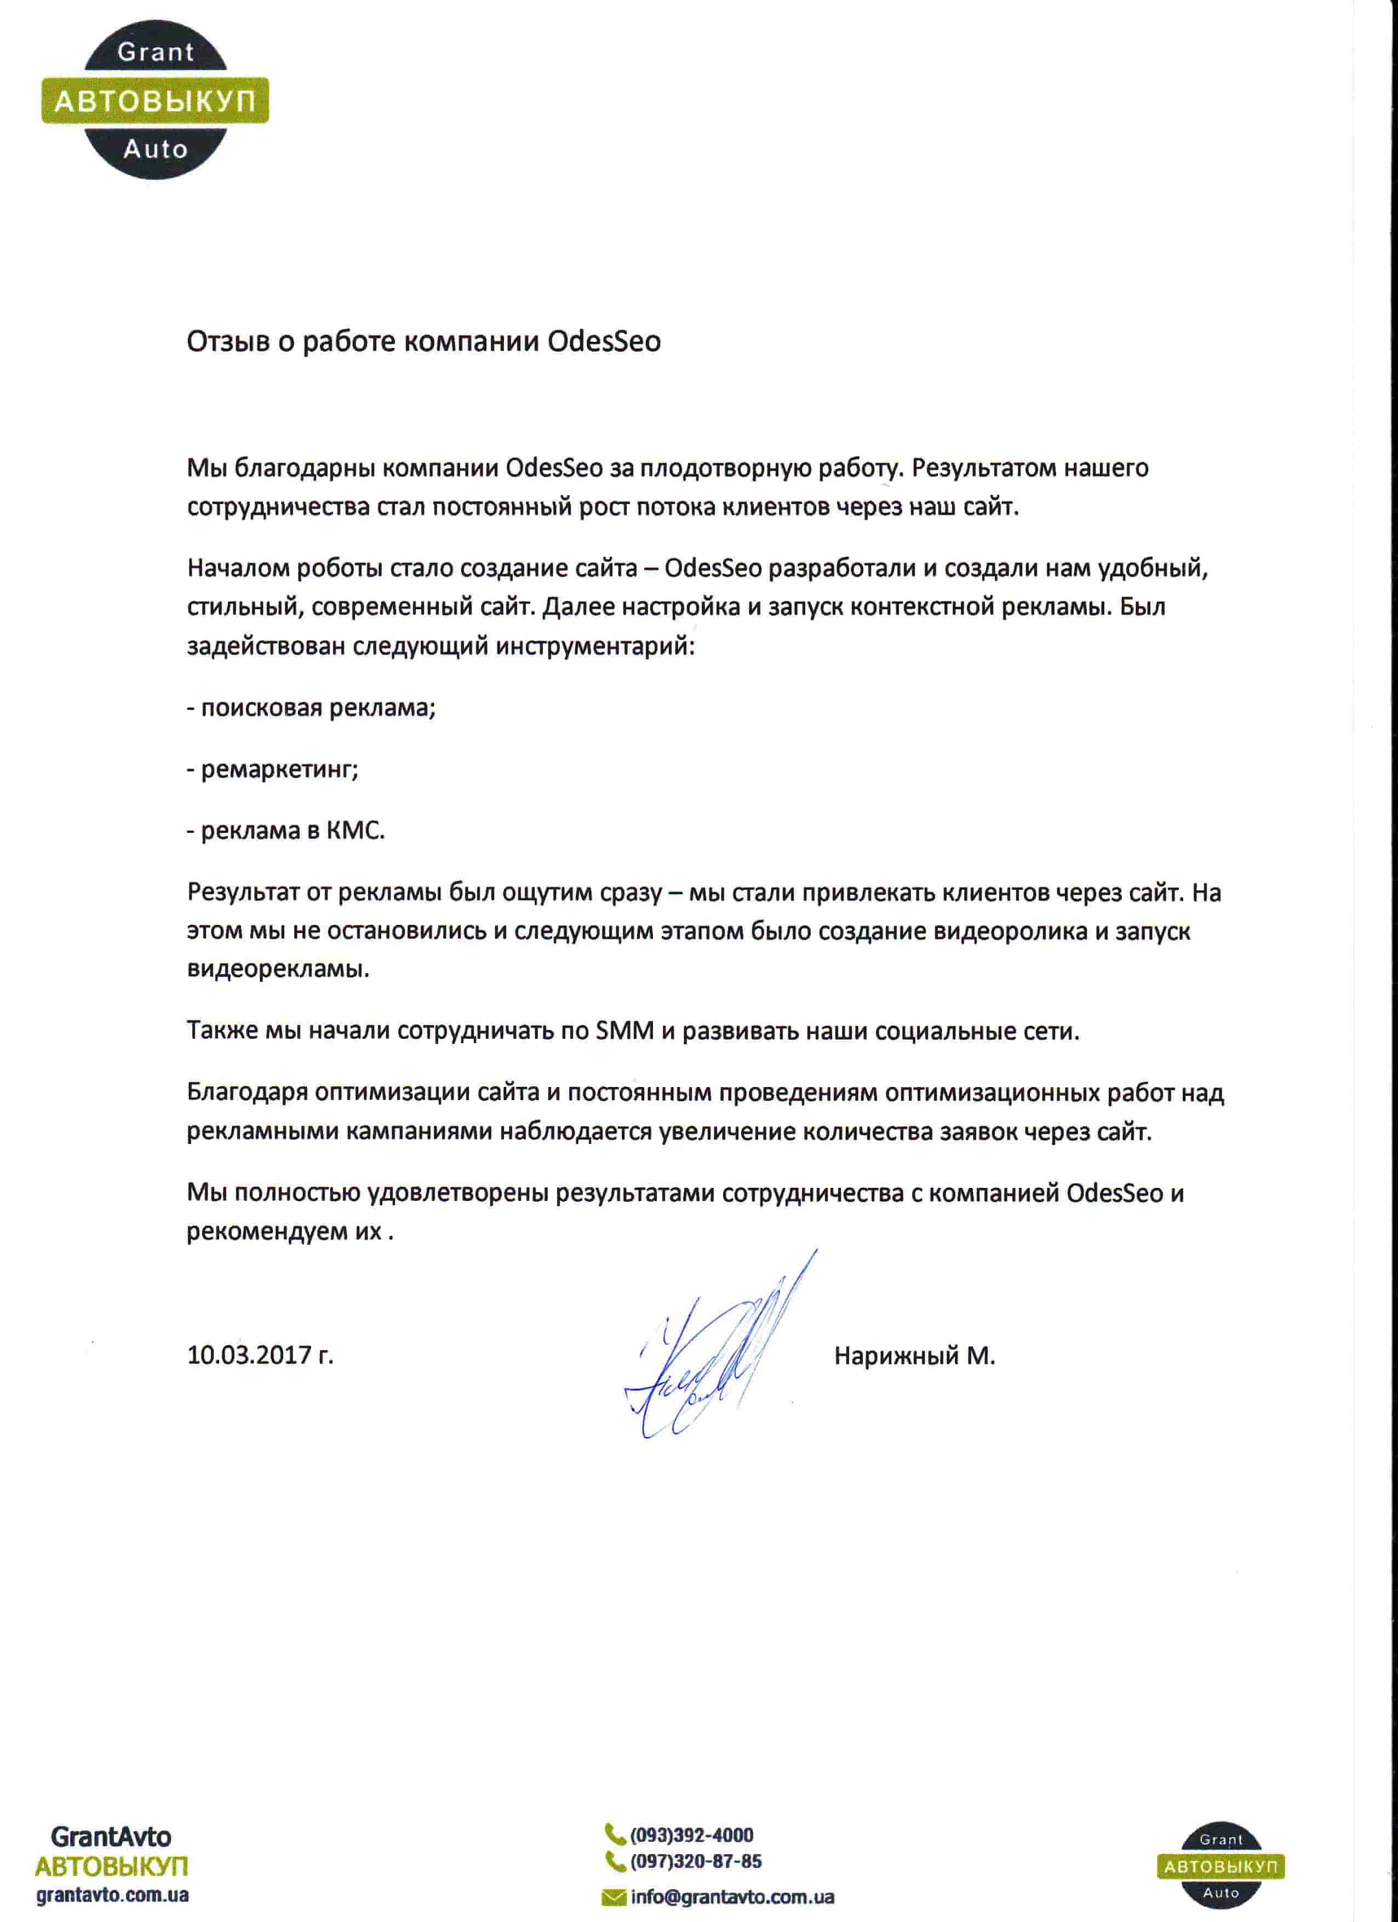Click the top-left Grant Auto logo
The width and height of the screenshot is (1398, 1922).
[155, 100]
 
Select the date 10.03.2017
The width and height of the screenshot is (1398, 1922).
[250, 1355]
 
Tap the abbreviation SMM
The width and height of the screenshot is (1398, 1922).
[625, 1031]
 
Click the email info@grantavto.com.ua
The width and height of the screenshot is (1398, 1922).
[732, 1897]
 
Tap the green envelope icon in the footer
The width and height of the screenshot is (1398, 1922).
[614, 1898]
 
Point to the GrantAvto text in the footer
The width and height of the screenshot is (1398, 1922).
[111, 1837]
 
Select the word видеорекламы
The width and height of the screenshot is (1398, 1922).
[278, 969]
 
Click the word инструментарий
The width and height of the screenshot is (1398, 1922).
[595, 647]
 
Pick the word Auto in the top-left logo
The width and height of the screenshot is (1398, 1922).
[155, 149]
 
